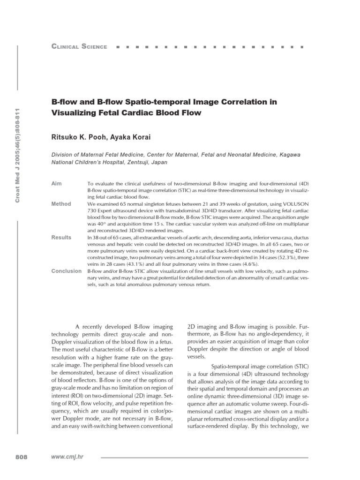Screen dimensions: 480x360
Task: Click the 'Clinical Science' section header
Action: tap(79, 46)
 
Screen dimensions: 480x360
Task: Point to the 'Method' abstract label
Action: tap(61, 204)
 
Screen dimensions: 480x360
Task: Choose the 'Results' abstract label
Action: tap(61, 238)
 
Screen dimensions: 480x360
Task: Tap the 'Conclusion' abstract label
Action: tap(66, 271)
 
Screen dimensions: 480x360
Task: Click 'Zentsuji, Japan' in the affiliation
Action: tap(145, 163)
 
